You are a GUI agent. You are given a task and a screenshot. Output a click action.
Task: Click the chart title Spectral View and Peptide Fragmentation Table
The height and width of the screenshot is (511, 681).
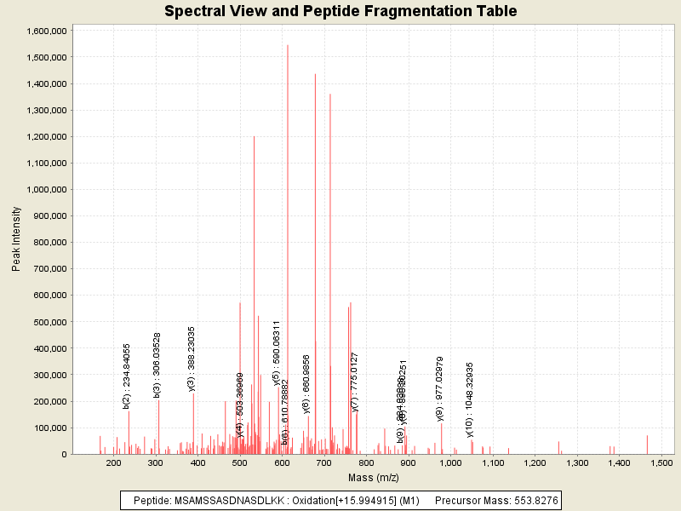tap(340, 11)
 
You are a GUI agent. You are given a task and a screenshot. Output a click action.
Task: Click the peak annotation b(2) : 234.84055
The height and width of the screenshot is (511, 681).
tap(127, 376)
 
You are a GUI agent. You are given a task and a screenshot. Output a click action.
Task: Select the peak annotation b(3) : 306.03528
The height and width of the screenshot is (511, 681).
tap(157, 365)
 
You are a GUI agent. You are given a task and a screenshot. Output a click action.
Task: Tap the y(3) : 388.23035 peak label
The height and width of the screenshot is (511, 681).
tap(192, 359)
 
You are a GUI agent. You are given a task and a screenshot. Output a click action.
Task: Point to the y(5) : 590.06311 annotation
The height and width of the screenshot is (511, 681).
tap(277, 353)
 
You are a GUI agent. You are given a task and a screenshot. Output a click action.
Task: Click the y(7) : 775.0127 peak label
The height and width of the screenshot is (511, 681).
tap(355, 382)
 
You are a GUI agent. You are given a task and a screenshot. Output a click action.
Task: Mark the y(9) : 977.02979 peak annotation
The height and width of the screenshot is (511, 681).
tap(440, 388)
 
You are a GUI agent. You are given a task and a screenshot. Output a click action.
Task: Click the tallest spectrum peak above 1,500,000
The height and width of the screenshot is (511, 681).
tap(288, 47)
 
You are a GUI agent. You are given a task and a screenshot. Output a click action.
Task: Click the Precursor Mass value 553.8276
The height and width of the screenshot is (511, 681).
tap(532, 500)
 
